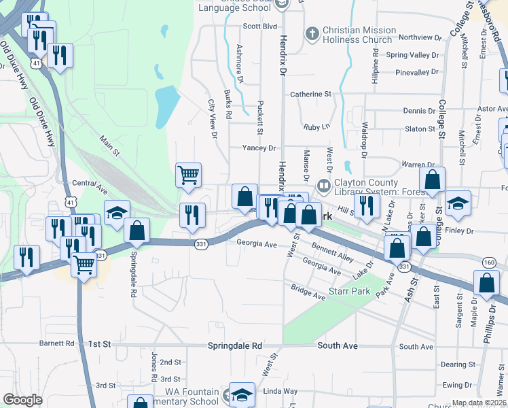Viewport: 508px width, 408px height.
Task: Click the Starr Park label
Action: click(348, 291)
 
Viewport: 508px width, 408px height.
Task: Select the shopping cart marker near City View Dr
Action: click(188, 174)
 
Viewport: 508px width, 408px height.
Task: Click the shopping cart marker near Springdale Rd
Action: click(84, 263)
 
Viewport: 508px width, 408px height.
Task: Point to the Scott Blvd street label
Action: click(261, 26)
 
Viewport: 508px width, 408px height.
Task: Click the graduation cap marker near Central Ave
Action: click(117, 212)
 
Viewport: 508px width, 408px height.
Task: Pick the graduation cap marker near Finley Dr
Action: click(458, 202)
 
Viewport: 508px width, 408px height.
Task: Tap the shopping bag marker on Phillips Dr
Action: click(486, 284)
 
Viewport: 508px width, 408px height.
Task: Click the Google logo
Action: click(23, 400)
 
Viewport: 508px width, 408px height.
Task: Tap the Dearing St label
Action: click(456, 364)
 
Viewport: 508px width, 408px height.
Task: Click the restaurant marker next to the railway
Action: click(192, 215)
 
